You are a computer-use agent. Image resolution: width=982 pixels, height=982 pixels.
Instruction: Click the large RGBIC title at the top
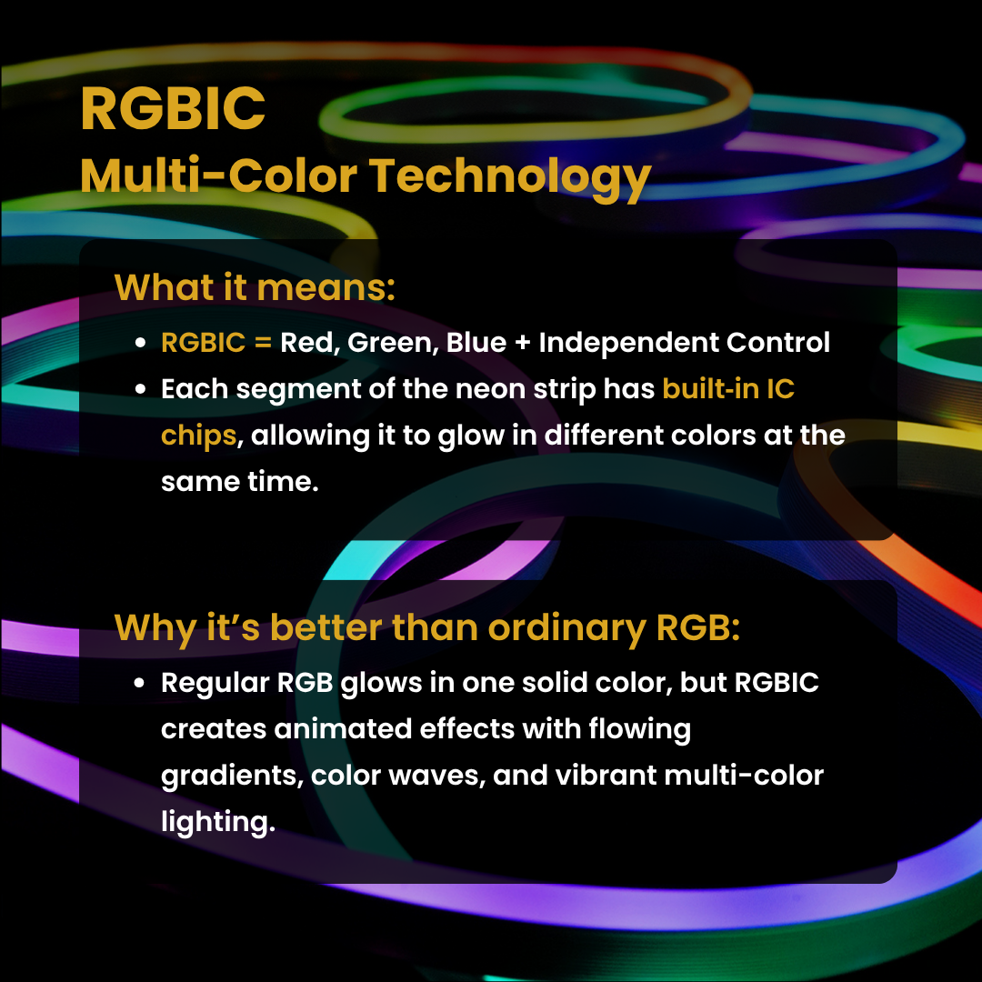173,108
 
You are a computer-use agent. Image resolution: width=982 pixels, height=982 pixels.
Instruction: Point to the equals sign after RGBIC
263,343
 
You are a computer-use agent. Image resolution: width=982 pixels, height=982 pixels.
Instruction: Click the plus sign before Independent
522,343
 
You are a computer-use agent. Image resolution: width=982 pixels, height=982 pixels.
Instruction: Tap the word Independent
628,343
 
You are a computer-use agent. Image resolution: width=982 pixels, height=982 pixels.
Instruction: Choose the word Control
777,343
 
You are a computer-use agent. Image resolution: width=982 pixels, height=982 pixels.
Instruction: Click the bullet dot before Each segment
140,389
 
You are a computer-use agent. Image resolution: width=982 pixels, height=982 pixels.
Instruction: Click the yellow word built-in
709,389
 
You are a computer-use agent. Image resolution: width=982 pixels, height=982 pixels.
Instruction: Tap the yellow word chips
198,436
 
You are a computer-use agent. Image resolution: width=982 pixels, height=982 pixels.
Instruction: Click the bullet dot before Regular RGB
140,683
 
